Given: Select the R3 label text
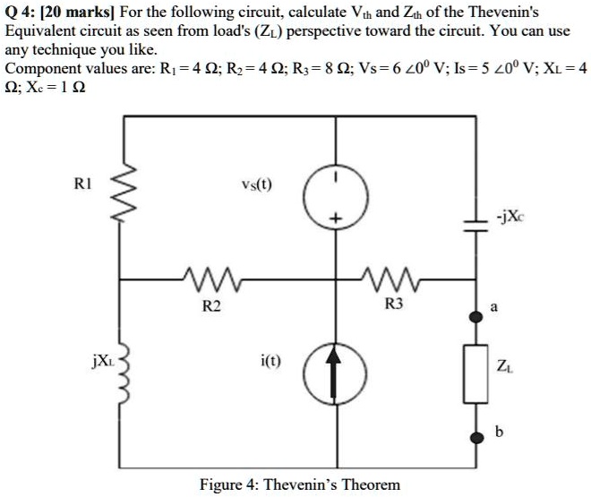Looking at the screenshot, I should point(392,306).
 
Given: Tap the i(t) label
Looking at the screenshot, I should point(270,360).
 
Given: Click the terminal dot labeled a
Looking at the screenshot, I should point(474,314).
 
